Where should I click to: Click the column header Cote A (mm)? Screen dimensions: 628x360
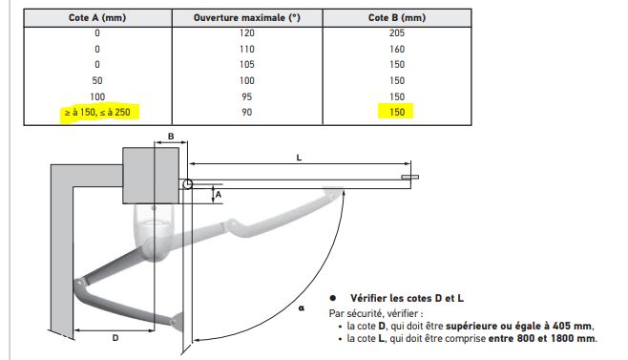click(97, 17)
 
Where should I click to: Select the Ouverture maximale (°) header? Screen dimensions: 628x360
click(246, 17)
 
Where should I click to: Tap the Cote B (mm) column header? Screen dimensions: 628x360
click(397, 17)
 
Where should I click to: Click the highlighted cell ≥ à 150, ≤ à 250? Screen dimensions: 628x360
click(97, 113)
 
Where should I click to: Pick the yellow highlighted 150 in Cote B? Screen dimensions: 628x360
click(397, 113)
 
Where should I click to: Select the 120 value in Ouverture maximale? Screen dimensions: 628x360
click(246, 32)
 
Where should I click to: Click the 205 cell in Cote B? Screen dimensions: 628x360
click(397, 32)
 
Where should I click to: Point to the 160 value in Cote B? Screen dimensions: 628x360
click(397, 49)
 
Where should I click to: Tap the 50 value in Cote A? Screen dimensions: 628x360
click(97, 80)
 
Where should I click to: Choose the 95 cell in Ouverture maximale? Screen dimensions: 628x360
click(246, 96)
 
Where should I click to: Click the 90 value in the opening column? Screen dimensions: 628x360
click(246, 113)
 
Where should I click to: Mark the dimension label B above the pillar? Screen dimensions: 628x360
click(171, 137)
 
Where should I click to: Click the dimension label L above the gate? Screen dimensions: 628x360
click(299, 158)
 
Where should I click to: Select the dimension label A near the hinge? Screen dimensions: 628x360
click(219, 195)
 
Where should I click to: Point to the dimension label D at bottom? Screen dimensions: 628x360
click(115, 338)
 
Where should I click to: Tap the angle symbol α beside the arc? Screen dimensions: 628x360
click(302, 307)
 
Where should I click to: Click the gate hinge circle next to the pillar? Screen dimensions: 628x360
click(187, 184)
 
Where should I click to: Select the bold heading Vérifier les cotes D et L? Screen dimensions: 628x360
click(407, 298)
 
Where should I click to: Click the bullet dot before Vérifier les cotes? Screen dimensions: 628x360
click(332, 298)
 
